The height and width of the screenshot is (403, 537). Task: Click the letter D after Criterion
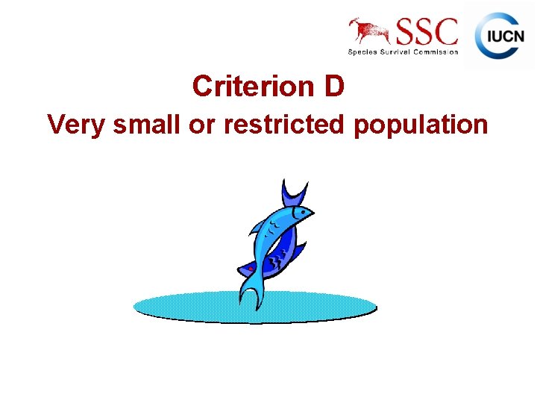click(334, 87)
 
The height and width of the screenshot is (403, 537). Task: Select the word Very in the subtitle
click(76, 125)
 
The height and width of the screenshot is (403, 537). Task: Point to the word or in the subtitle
click(199, 125)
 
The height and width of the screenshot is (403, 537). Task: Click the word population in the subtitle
click(421, 125)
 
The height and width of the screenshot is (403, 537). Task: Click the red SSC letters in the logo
click(427, 31)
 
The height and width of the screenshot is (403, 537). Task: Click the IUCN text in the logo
click(506, 36)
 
